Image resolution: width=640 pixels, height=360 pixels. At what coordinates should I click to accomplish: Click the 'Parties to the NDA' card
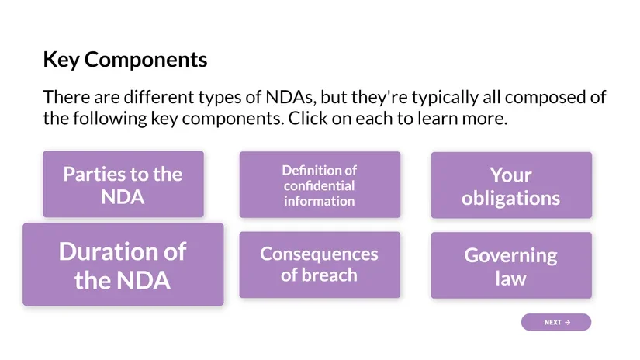pos(123,185)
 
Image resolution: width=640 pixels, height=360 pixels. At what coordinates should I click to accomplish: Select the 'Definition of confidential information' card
pos(319,185)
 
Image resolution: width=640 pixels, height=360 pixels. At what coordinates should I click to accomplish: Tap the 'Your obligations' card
pos(510,185)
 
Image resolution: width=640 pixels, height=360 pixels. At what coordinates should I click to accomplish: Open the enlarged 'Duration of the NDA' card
pos(123,265)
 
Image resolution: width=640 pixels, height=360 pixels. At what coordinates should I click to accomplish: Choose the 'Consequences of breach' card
pos(319,265)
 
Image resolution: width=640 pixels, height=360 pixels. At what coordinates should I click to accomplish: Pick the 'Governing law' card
pos(510,265)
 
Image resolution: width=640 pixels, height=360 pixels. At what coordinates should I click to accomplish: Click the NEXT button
pos(555,322)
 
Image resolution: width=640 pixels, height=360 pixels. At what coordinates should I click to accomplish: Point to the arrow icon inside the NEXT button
pos(568,322)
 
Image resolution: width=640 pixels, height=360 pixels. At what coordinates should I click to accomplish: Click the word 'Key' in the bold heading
pos(61,60)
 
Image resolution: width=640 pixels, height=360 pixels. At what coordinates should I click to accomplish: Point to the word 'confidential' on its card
pos(319,185)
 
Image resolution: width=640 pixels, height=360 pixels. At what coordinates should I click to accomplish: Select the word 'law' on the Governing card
pos(510,277)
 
